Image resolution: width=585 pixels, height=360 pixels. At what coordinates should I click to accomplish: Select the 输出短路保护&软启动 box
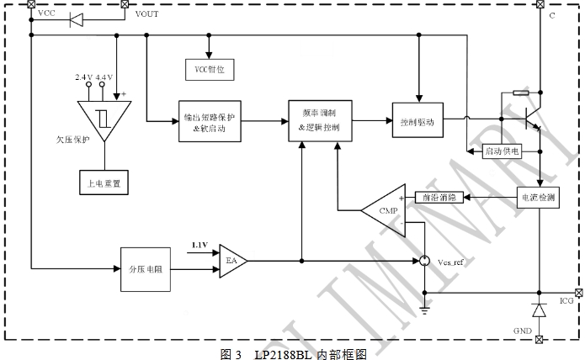pos(209,122)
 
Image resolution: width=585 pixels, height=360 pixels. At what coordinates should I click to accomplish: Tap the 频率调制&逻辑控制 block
pos(319,121)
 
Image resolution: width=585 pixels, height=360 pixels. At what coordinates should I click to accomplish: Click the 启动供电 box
pos(503,152)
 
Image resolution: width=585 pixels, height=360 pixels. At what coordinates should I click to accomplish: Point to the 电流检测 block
pos(540,197)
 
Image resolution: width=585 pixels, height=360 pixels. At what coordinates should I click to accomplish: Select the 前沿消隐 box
pos(439,197)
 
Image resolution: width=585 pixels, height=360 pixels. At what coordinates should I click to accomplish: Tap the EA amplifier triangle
pos(231,261)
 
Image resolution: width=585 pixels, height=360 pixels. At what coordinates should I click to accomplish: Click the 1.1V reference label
pos(199,245)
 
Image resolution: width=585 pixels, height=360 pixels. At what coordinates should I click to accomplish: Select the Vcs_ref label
pos(450,264)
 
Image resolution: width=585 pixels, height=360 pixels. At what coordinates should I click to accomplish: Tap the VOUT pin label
pos(146,14)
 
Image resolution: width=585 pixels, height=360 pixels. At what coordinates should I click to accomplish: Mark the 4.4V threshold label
pos(105,77)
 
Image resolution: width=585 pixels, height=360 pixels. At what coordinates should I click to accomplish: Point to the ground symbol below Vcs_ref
pos(424,310)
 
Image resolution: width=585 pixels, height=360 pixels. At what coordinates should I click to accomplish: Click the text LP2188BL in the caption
pos(283,354)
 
